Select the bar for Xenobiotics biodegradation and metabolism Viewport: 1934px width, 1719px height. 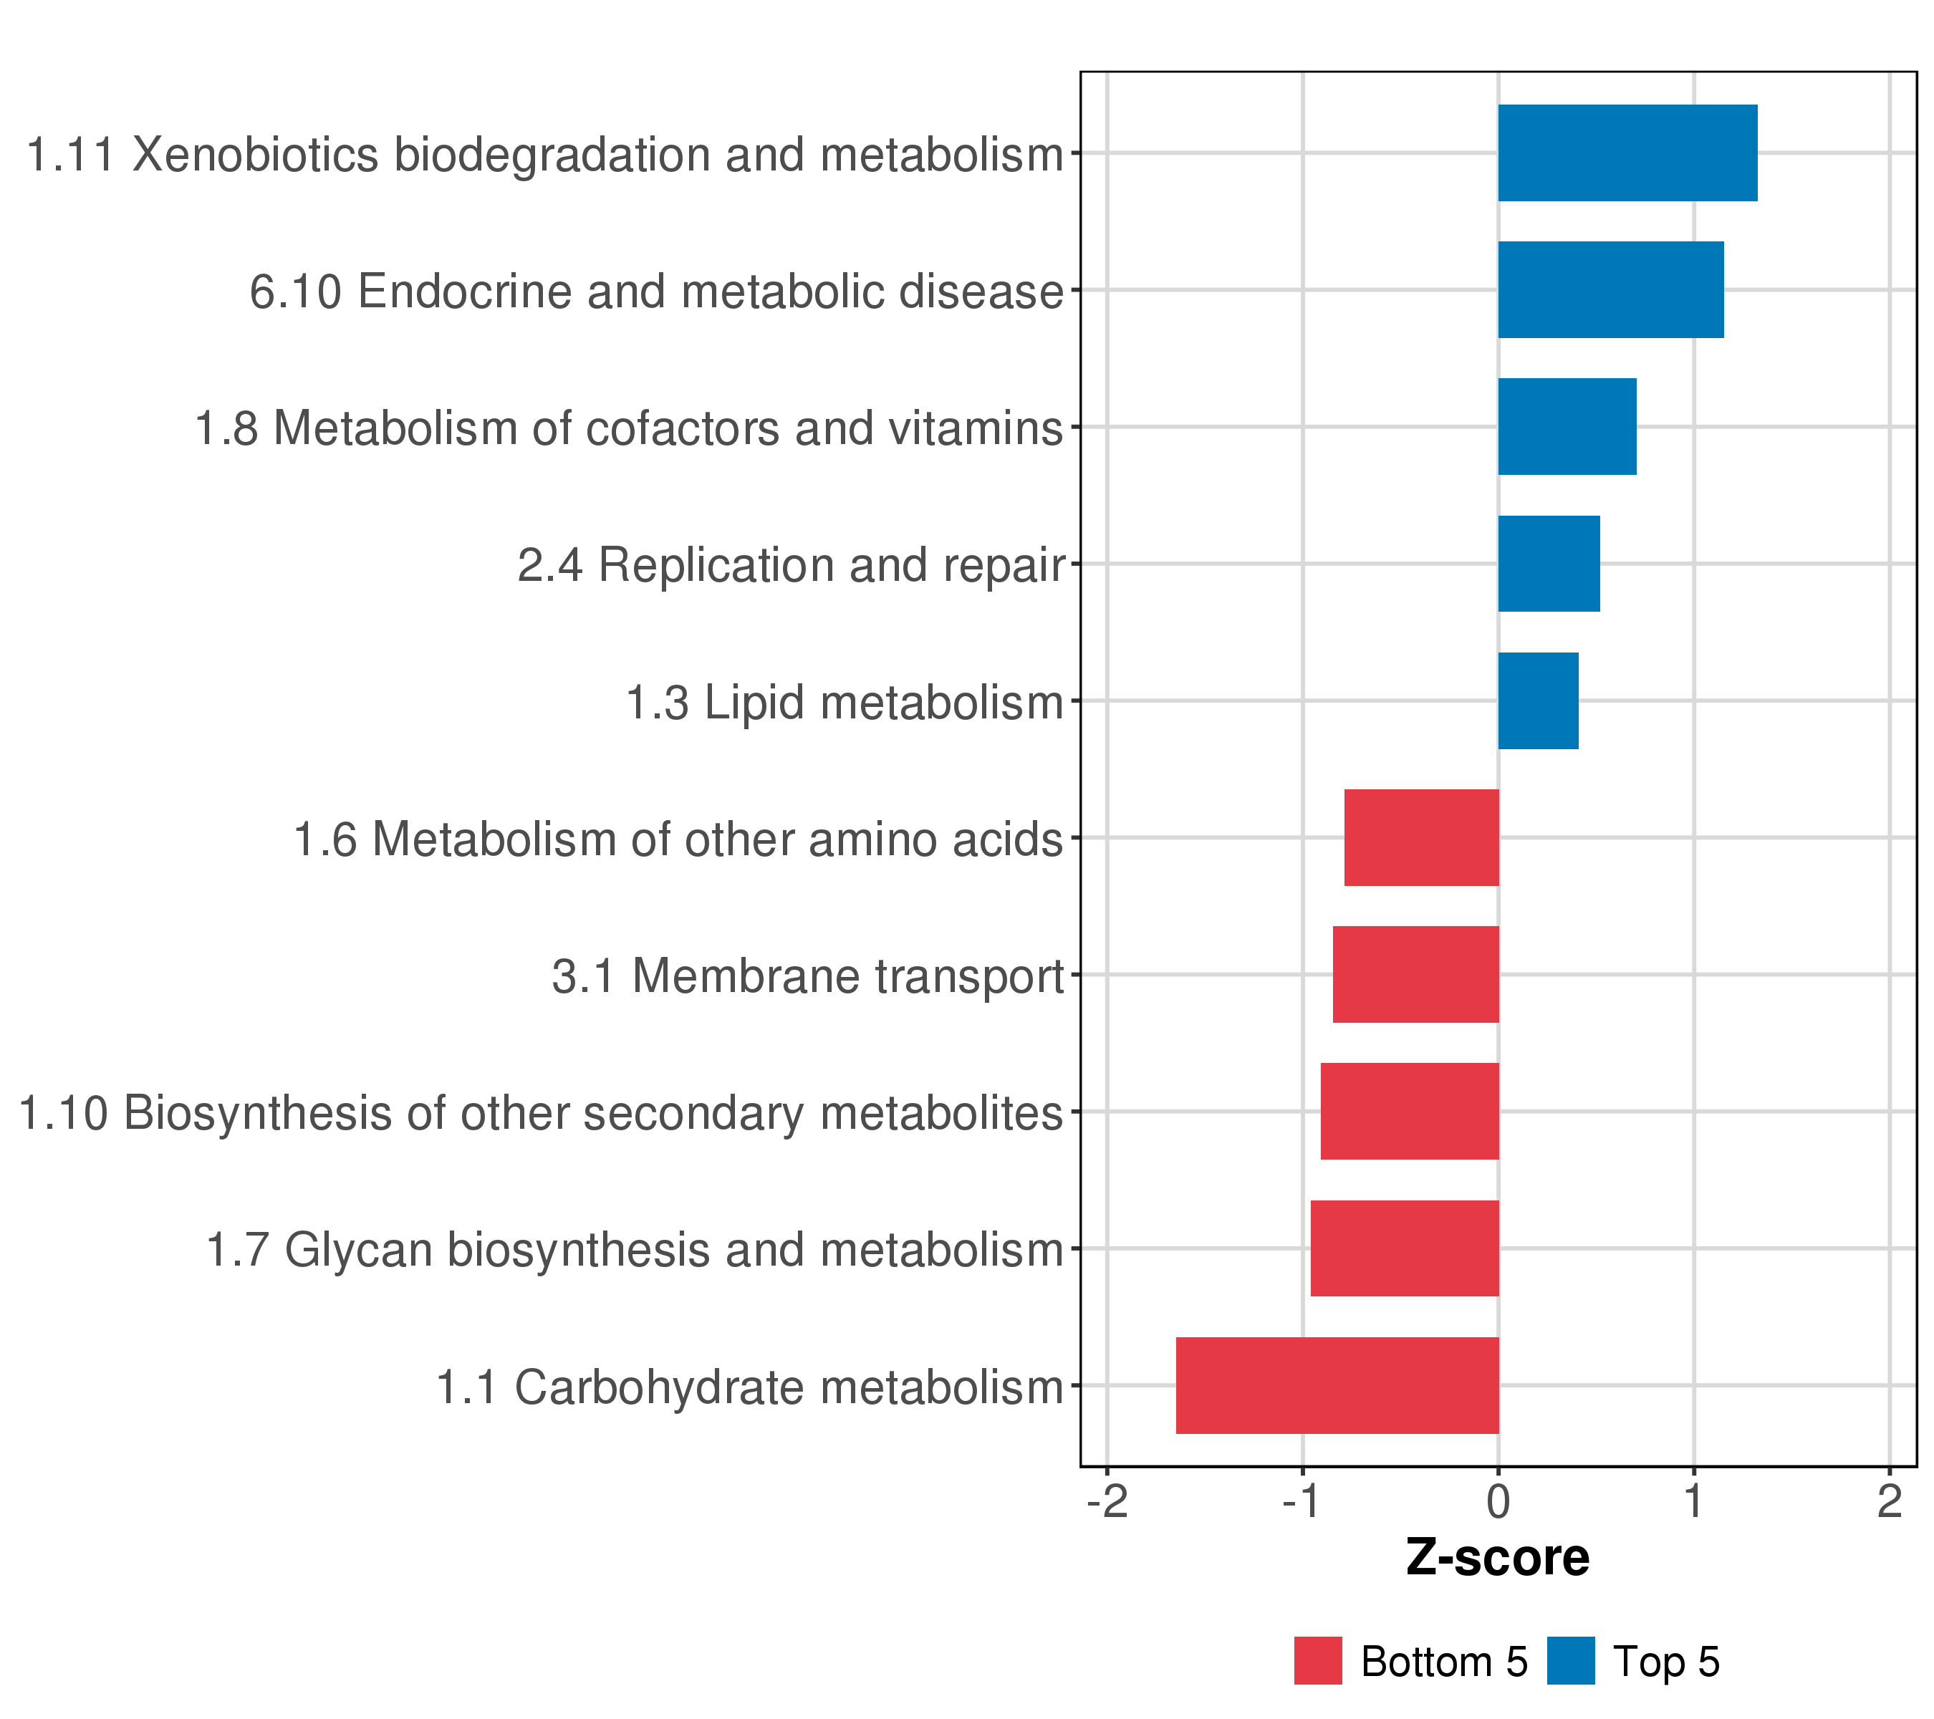coord(1627,153)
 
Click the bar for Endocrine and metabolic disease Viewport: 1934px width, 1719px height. coord(1610,289)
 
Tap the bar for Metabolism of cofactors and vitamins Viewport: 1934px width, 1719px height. coord(1566,427)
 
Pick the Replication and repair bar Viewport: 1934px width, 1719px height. coord(1548,564)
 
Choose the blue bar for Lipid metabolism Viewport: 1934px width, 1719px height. coord(1538,701)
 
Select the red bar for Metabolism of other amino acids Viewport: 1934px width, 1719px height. coord(1421,837)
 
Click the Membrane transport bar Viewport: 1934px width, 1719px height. coord(1415,974)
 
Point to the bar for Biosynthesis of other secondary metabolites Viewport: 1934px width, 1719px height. coord(1409,1112)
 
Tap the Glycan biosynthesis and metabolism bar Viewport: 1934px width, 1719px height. coord(1404,1249)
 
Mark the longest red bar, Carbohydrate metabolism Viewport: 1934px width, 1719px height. coord(1337,1385)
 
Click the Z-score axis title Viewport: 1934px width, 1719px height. coord(1498,1558)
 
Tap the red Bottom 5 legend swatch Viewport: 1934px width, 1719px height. coord(1318,1661)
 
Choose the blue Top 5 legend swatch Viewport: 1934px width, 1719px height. coord(1571,1661)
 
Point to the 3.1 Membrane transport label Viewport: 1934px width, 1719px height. coord(807,976)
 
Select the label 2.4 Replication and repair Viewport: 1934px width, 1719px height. coord(790,566)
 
